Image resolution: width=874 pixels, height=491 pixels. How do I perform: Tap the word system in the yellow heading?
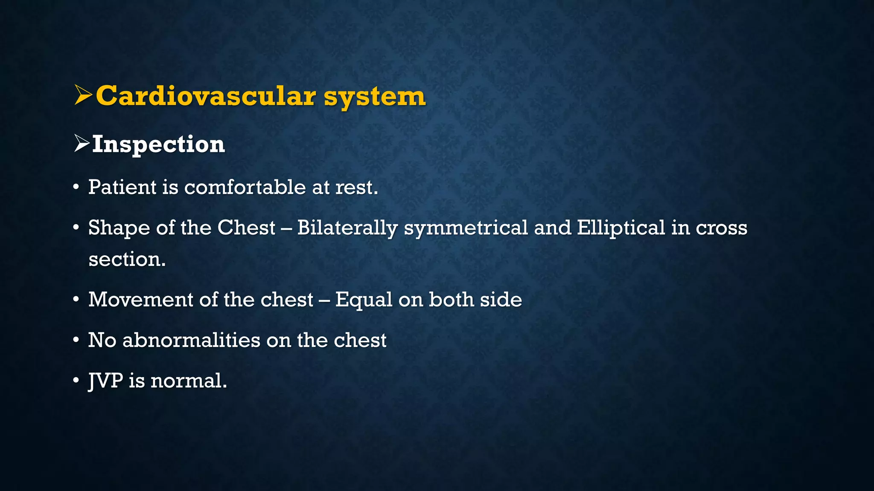374,97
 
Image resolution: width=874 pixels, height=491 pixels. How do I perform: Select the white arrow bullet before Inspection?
82,143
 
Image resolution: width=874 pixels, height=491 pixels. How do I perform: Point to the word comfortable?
245,187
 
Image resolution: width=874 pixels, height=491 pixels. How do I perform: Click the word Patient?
122,187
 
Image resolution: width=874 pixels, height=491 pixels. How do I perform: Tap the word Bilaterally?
347,228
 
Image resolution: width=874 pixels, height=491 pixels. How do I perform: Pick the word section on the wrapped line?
126,259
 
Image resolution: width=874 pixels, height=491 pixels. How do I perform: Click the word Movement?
141,299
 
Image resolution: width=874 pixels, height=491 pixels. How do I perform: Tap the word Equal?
364,300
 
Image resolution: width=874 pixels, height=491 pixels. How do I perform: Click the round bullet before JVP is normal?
76,380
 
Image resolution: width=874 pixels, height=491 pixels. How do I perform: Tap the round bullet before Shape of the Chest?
76,228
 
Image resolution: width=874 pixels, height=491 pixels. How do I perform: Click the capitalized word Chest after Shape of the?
246,228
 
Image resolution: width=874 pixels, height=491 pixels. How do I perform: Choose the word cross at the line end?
721,228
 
